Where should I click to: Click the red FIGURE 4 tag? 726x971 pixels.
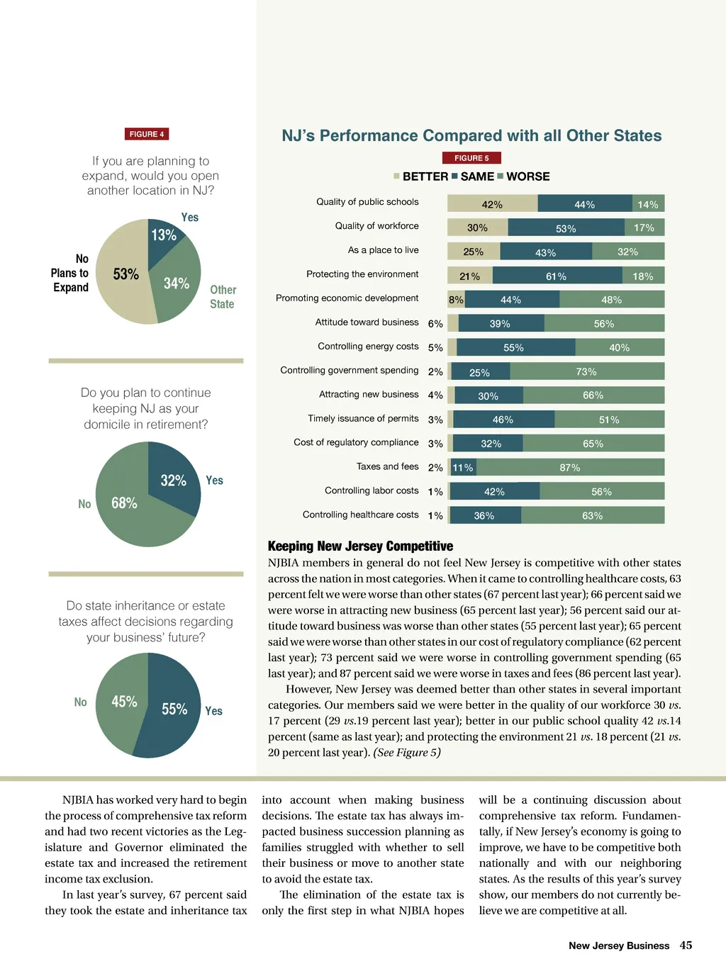[x=147, y=134]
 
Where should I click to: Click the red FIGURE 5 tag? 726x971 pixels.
[x=471, y=158]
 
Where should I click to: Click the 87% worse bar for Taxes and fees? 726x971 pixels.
[x=570, y=468]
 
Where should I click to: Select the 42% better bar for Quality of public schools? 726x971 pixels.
[x=492, y=204]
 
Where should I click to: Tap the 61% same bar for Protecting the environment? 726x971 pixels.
[x=557, y=276]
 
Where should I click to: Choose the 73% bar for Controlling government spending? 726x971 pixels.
[x=586, y=371]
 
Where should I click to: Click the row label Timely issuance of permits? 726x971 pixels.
[x=363, y=418]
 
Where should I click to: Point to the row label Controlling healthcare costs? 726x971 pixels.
[x=360, y=515]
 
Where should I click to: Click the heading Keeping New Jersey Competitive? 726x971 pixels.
[x=360, y=546]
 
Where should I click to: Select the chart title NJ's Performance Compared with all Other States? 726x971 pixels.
[x=471, y=135]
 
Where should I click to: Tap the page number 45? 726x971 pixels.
[x=686, y=945]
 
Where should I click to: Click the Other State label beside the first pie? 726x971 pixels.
[x=223, y=297]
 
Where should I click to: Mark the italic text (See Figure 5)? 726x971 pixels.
[x=407, y=752]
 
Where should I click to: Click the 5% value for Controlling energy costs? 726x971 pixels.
[x=435, y=348]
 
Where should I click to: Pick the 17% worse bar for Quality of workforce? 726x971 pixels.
[x=644, y=228]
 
